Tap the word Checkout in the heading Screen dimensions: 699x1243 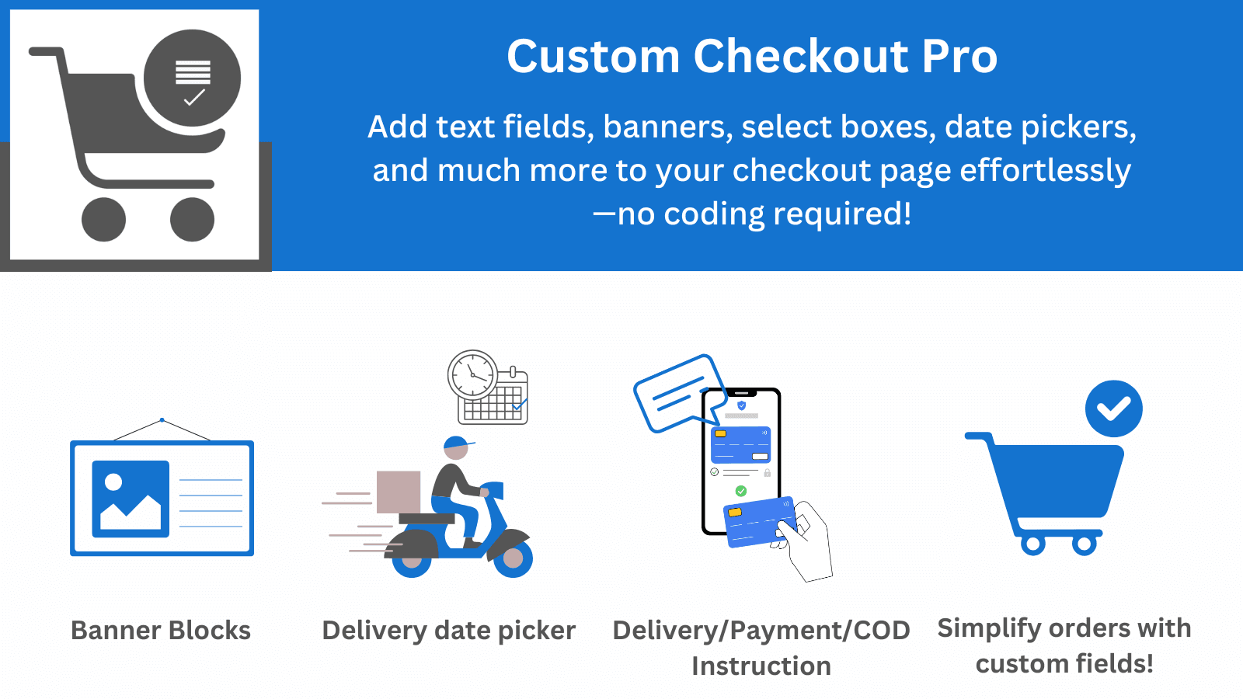coord(800,57)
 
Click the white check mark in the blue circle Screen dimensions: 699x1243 coord(1113,409)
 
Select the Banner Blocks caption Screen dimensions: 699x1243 coord(161,630)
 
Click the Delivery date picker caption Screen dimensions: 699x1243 coord(448,630)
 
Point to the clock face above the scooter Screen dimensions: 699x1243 coord(472,375)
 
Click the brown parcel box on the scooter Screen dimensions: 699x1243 coord(399,492)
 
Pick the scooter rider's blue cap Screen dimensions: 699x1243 coord(457,443)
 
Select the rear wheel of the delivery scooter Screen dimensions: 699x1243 coord(412,558)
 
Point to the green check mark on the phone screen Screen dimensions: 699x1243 coord(740,491)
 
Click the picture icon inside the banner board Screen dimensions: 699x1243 coord(131,499)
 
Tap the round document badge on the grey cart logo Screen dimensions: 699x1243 coord(193,78)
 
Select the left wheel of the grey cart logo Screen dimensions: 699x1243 coord(103,219)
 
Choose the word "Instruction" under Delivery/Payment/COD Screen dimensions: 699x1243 coord(761,666)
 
